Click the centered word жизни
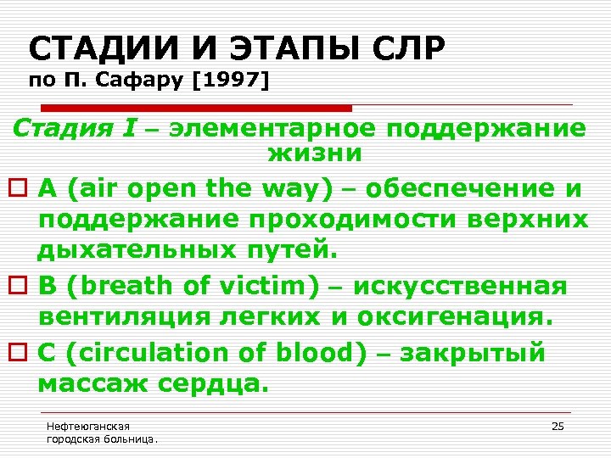coord(315,154)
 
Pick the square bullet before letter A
coord(22,189)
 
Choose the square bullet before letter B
coord(22,286)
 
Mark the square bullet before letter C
coord(22,351)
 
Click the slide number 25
coord(558,426)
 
